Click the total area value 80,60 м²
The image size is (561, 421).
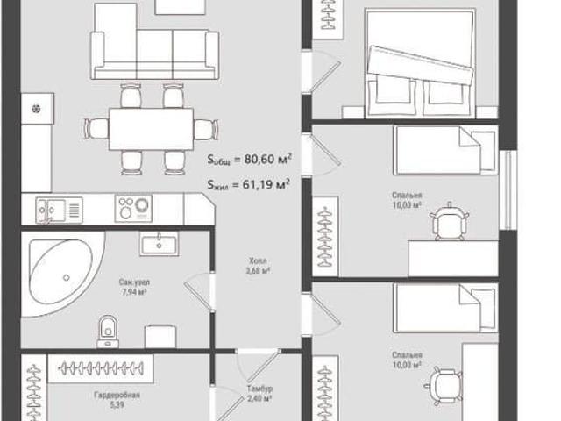pyautogui.click(x=268, y=159)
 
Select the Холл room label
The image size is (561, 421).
pyautogui.click(x=258, y=260)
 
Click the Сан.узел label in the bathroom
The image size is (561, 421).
pyautogui.click(x=134, y=282)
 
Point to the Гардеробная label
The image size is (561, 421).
pyautogui.click(x=117, y=395)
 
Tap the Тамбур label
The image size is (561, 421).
pyautogui.click(x=259, y=389)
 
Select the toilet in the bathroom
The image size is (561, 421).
pyautogui.click(x=108, y=332)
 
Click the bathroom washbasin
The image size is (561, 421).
pyautogui.click(x=160, y=244)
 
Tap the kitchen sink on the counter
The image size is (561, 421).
pyautogui.click(x=59, y=210)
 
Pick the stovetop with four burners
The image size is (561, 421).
pyautogui.click(x=133, y=208)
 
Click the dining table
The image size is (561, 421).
pyautogui.click(x=152, y=129)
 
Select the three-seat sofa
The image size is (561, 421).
pyautogui.click(x=154, y=54)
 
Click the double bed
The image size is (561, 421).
pyautogui.click(x=420, y=63)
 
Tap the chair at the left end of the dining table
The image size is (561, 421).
pyautogui.click(x=97, y=129)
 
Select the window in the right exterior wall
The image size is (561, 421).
pyautogui.click(x=508, y=190)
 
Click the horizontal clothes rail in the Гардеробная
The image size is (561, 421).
pyautogui.click(x=101, y=368)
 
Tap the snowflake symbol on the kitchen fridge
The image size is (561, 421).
pyautogui.click(x=37, y=108)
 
